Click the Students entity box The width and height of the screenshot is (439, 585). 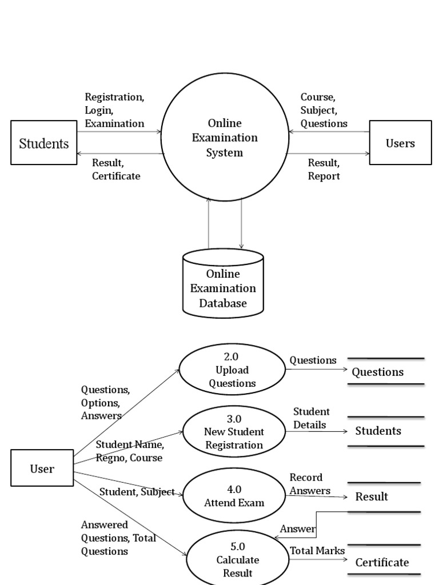(x=44, y=143)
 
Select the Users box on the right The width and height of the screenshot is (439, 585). (x=400, y=143)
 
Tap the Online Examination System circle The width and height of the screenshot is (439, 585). (x=225, y=138)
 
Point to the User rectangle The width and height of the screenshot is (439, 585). (x=42, y=468)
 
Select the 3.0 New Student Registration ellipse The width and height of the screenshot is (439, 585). (x=234, y=431)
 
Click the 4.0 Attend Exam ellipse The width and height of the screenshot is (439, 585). (x=234, y=496)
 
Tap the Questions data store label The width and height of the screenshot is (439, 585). (x=377, y=372)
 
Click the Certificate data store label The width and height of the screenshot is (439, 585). (x=382, y=562)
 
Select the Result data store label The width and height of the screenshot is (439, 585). (x=372, y=496)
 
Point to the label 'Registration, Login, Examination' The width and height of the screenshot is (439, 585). (x=114, y=110)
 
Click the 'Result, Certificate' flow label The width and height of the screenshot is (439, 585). (x=116, y=169)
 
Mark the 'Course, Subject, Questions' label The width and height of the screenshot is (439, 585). (x=324, y=110)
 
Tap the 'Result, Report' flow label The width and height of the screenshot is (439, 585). (x=324, y=169)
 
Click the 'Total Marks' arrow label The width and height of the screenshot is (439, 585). (x=317, y=550)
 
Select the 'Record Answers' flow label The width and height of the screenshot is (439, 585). (x=310, y=484)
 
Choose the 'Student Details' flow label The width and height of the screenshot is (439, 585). (x=311, y=418)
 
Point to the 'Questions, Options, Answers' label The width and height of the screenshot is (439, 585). (x=105, y=402)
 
